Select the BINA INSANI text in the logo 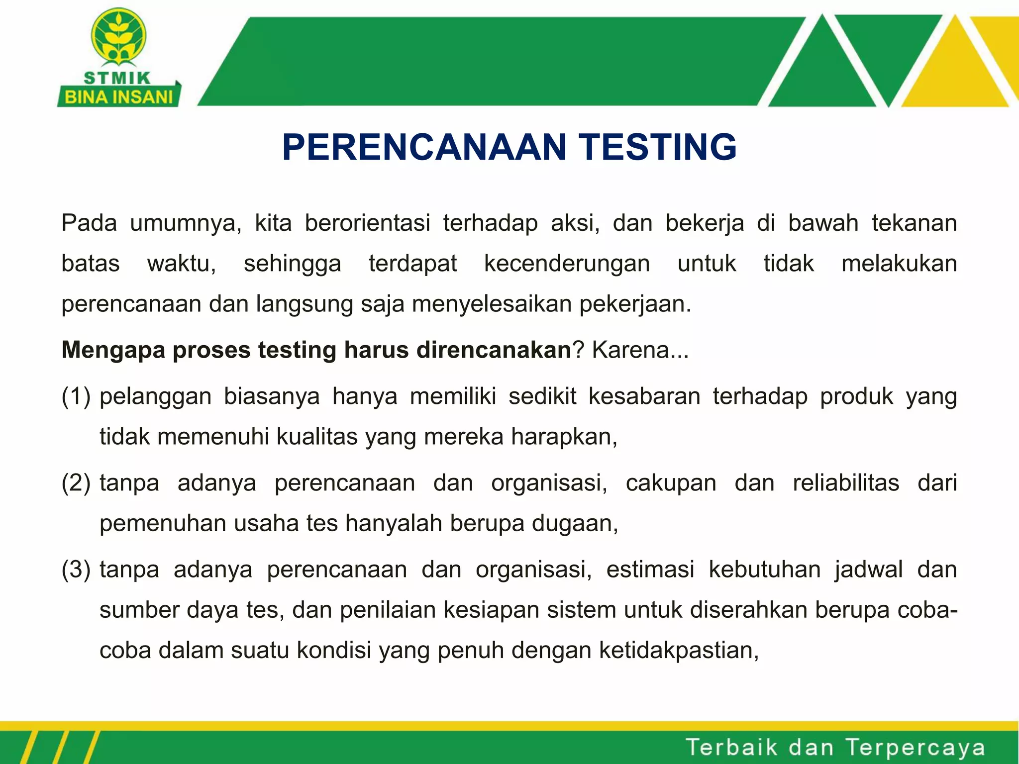(x=118, y=97)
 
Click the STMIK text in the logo (x=117, y=78)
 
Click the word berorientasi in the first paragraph (x=367, y=223)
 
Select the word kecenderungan (x=567, y=264)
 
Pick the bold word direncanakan (x=493, y=350)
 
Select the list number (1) (x=76, y=396)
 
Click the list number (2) (x=76, y=483)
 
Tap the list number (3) (x=76, y=570)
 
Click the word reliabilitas (x=846, y=483)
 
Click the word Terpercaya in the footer (x=915, y=748)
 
